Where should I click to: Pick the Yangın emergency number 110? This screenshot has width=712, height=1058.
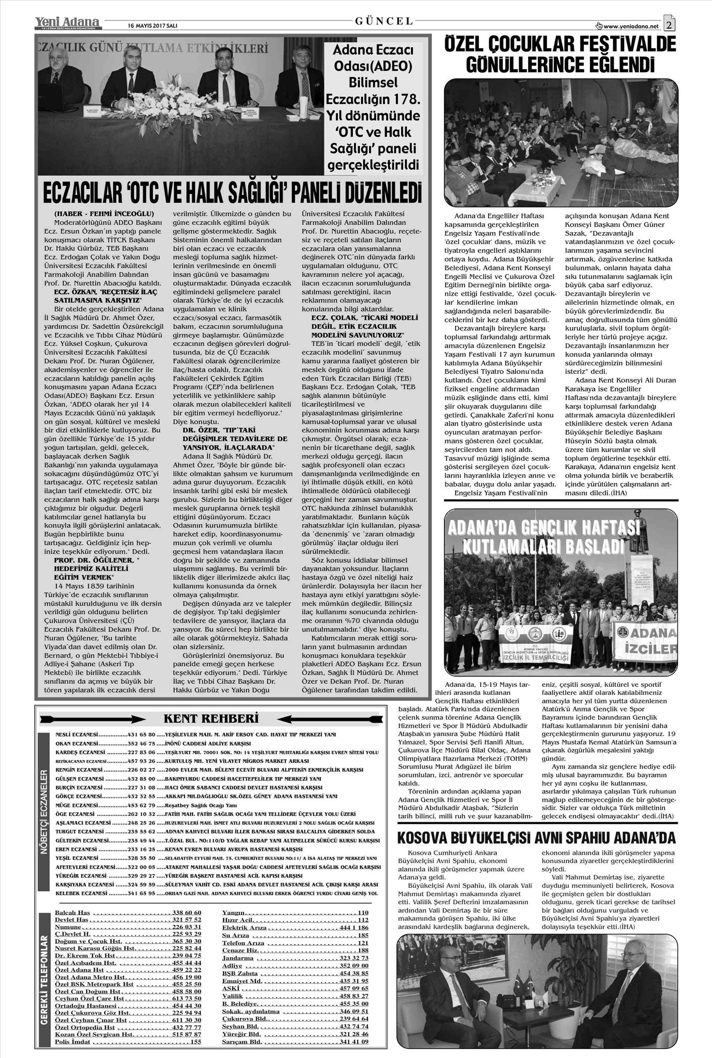click(363, 912)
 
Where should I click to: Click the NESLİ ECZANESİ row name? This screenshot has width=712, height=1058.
click(76, 734)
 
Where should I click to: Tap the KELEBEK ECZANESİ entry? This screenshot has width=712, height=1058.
click(80, 893)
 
